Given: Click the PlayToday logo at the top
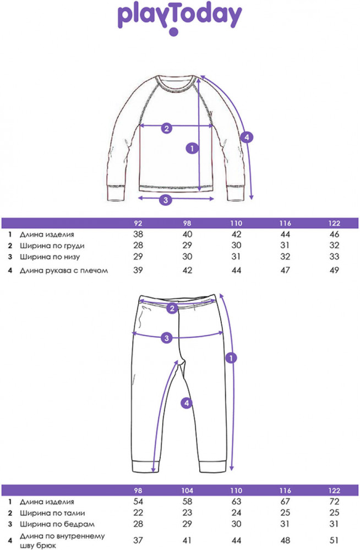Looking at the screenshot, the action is coord(179,18).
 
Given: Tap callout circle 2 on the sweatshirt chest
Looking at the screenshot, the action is coord(166,128).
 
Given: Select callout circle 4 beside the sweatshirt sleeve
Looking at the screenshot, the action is coord(247,137).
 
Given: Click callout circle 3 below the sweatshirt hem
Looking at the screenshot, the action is coord(166,200).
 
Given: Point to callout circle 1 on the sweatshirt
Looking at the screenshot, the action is coord(192,148).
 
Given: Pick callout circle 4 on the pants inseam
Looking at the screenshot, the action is coord(187,403).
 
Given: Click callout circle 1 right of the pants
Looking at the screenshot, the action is coord(231,358).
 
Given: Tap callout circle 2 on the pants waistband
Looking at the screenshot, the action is coord(172,309).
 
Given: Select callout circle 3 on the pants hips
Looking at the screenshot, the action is coord(166,338).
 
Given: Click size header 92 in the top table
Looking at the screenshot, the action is coord(138,223).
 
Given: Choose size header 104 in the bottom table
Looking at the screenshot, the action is coord(187,491).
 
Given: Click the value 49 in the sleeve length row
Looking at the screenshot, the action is coord(334,270).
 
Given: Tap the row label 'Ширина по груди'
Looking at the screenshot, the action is coord(52,246).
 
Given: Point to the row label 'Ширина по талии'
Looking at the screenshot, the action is coord(52,513).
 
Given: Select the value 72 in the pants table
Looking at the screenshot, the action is coord(334,502).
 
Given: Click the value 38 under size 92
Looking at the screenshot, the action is coord(138,234).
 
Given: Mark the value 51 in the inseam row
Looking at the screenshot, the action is coord(334,540).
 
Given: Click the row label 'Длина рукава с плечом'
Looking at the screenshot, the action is coord(63,271).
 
